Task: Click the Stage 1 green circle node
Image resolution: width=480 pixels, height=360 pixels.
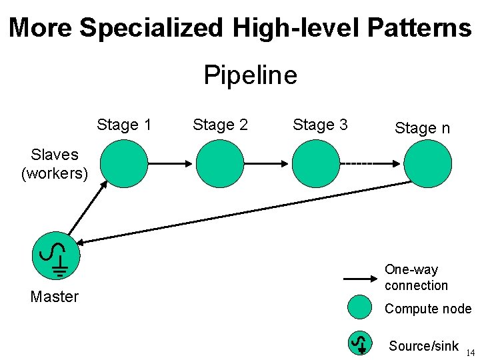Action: point(124,163)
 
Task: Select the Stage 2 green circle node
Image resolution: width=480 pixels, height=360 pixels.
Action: point(219,163)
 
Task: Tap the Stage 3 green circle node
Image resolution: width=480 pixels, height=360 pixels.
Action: point(317,163)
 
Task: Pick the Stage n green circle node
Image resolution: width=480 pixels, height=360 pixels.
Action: point(428,163)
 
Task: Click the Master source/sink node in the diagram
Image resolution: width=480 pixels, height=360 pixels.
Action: point(56,257)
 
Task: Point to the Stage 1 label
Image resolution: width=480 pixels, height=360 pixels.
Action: point(124,125)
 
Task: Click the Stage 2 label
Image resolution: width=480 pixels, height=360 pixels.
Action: point(220,125)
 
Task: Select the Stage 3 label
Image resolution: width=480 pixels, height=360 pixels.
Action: point(320,125)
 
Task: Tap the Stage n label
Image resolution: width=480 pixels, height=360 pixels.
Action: point(422,128)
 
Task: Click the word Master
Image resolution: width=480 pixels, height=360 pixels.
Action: point(55,297)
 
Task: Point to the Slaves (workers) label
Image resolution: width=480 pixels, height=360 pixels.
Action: point(55,164)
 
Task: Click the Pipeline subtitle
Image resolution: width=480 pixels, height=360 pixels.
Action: point(250,75)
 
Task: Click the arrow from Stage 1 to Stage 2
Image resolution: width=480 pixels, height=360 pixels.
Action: point(171,163)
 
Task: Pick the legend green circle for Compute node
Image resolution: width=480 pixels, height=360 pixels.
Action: point(360,307)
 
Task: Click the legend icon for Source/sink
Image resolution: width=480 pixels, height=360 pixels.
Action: point(360,343)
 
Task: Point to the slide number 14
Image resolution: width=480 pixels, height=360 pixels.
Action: point(471,353)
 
